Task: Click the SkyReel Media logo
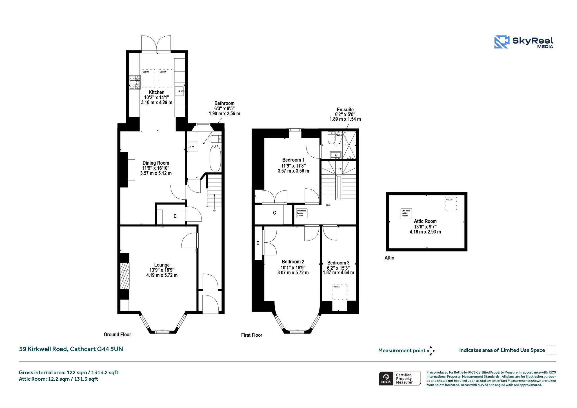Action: (x=524, y=42)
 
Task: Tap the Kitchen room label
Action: (x=157, y=92)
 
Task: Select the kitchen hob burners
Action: (x=135, y=82)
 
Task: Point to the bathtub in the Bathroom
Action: (x=215, y=158)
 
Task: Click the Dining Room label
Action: (x=156, y=163)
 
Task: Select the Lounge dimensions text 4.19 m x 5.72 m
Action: (x=162, y=275)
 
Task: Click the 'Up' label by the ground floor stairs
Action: (x=214, y=211)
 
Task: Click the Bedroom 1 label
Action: (x=293, y=160)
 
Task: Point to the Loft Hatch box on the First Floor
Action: (x=301, y=213)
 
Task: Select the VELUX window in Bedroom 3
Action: (x=340, y=292)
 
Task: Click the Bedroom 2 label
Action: (x=293, y=262)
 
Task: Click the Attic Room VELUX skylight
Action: (x=451, y=204)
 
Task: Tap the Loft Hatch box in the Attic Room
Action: (x=406, y=213)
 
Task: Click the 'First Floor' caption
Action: (x=252, y=335)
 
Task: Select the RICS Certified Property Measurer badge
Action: (x=400, y=378)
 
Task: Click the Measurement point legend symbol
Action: (x=431, y=351)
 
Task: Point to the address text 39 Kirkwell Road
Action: (x=43, y=349)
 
